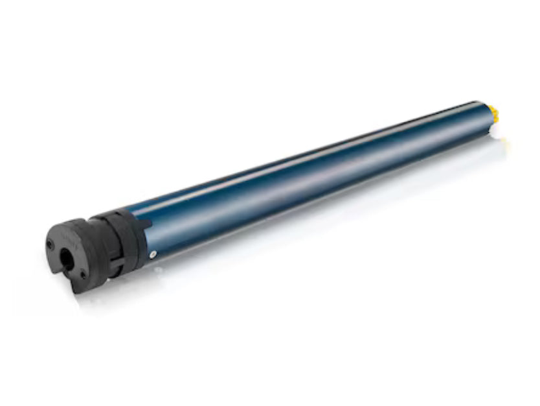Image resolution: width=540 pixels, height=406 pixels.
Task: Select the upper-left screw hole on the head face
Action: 51,245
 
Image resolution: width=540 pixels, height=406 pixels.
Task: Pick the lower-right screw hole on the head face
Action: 83,274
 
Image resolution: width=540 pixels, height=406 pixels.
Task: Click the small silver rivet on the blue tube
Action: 153,254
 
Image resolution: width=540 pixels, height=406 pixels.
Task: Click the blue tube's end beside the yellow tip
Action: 482,117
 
